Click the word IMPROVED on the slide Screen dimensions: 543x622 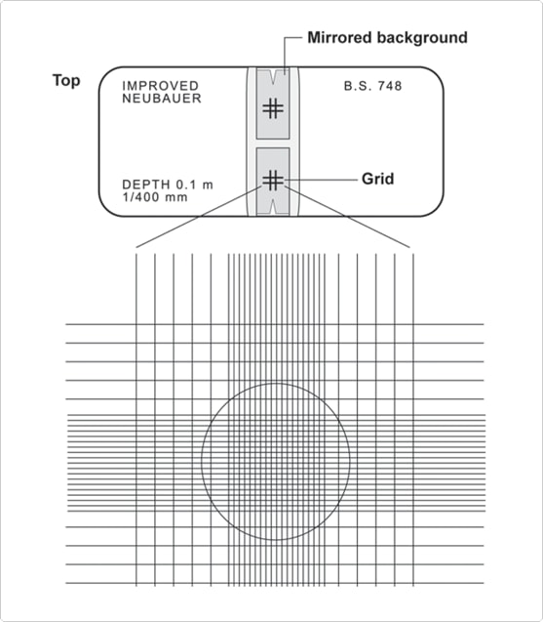(x=161, y=86)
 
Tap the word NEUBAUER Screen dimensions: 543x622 (x=162, y=98)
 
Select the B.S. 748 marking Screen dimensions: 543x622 (x=372, y=86)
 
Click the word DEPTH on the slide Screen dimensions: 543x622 (x=146, y=185)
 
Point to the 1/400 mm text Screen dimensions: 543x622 (x=155, y=197)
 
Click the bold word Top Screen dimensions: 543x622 (x=66, y=80)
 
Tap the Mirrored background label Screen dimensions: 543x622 (x=387, y=38)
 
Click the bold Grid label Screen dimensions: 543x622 (x=378, y=179)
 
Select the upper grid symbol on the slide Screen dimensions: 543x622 (x=273, y=108)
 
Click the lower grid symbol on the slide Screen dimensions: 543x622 (x=273, y=181)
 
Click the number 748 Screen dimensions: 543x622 (x=390, y=86)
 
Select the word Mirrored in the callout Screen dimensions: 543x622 (x=339, y=38)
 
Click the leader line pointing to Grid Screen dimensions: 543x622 (x=321, y=180)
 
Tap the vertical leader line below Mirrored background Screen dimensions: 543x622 (x=285, y=56)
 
